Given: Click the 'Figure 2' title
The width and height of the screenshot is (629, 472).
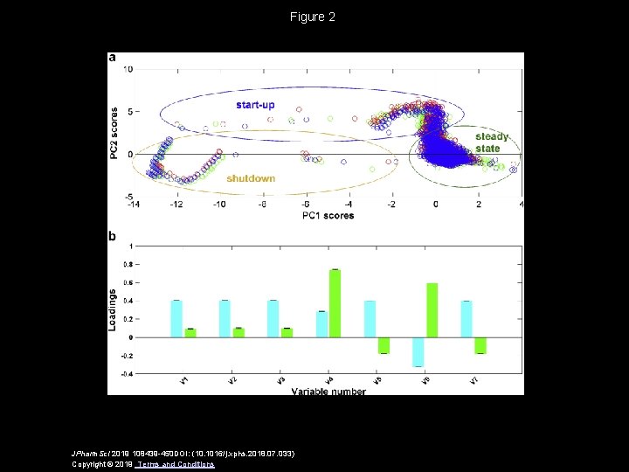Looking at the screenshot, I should coord(313,17).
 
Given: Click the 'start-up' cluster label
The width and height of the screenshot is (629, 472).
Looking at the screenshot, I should coord(255,105).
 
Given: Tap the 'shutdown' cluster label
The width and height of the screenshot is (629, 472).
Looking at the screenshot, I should coord(251,178).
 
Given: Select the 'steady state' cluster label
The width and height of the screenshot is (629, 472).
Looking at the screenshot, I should coord(488,142).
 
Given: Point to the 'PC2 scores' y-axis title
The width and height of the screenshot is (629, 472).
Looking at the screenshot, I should coord(114,134).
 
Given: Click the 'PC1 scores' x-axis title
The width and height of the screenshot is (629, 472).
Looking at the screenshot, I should coord(328,215).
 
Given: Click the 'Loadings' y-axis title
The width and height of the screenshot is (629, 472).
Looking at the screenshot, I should coord(113,310).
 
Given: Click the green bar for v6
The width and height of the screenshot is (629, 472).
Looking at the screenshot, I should coord(431,310).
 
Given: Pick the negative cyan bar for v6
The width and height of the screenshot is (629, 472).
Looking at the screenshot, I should coord(418,351).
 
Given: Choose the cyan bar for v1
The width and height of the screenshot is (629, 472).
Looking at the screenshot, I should coord(176,319).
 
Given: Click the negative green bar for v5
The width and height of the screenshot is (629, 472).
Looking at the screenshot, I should coord(383,345).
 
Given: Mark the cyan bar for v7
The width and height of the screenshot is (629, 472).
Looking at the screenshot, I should coord(467,319).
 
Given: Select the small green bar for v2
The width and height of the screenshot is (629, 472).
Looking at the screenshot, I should coord(238,333).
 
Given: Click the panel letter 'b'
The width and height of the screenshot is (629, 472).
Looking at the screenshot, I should coord(112,236).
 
